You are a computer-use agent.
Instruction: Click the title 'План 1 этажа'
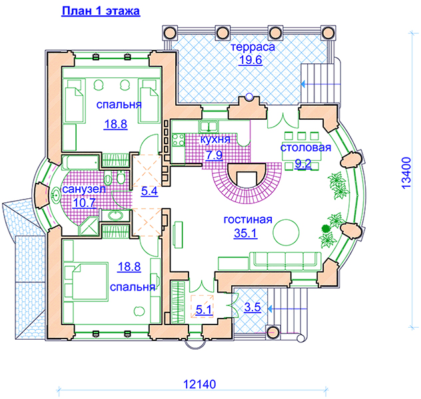tap(101, 11)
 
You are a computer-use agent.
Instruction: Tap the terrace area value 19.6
tap(250, 60)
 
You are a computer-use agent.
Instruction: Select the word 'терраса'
tap(252, 47)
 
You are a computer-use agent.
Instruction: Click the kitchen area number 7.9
tap(214, 155)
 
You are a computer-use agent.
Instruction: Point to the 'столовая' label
tap(306, 148)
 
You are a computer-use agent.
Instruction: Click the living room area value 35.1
tap(245, 233)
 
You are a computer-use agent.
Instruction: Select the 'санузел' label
tap(84, 189)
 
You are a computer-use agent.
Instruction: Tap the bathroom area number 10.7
tap(85, 203)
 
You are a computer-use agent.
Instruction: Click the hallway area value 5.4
tap(150, 192)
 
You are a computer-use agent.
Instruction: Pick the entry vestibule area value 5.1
tap(204, 310)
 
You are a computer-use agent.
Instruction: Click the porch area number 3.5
tap(252, 307)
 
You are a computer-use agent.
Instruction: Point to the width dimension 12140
tap(199, 384)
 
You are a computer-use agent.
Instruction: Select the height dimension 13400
tap(406, 173)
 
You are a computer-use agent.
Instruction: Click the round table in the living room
tap(286, 232)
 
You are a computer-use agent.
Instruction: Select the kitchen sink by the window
tap(209, 126)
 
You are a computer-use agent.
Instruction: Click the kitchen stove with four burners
tap(178, 140)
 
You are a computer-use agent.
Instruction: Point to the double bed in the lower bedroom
tap(86, 282)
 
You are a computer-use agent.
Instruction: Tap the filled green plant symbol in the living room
tap(326, 228)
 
